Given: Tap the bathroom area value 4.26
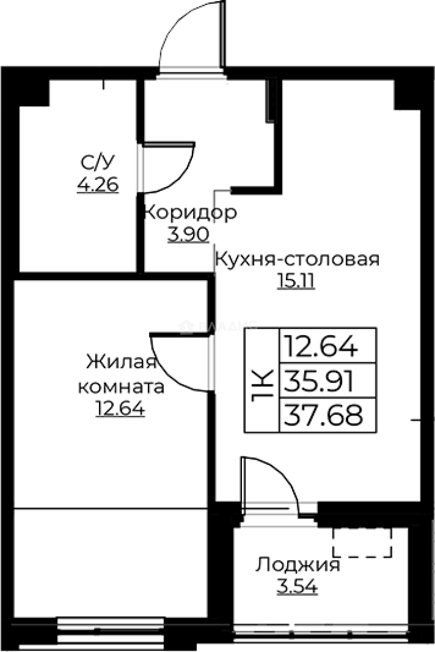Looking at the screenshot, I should (98, 183).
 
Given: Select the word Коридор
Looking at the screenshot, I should (190, 213).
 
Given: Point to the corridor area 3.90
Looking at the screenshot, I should (189, 234).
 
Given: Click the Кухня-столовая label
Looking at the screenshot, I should (297, 260).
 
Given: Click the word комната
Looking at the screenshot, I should (121, 386).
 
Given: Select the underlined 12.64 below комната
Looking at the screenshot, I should (120, 409).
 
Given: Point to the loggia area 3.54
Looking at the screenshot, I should (297, 586).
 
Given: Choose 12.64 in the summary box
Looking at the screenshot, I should (322, 347).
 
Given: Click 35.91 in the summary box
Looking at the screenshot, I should (322, 381).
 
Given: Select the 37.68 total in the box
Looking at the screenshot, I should (323, 415).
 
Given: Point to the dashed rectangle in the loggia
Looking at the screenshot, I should (362, 542).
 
